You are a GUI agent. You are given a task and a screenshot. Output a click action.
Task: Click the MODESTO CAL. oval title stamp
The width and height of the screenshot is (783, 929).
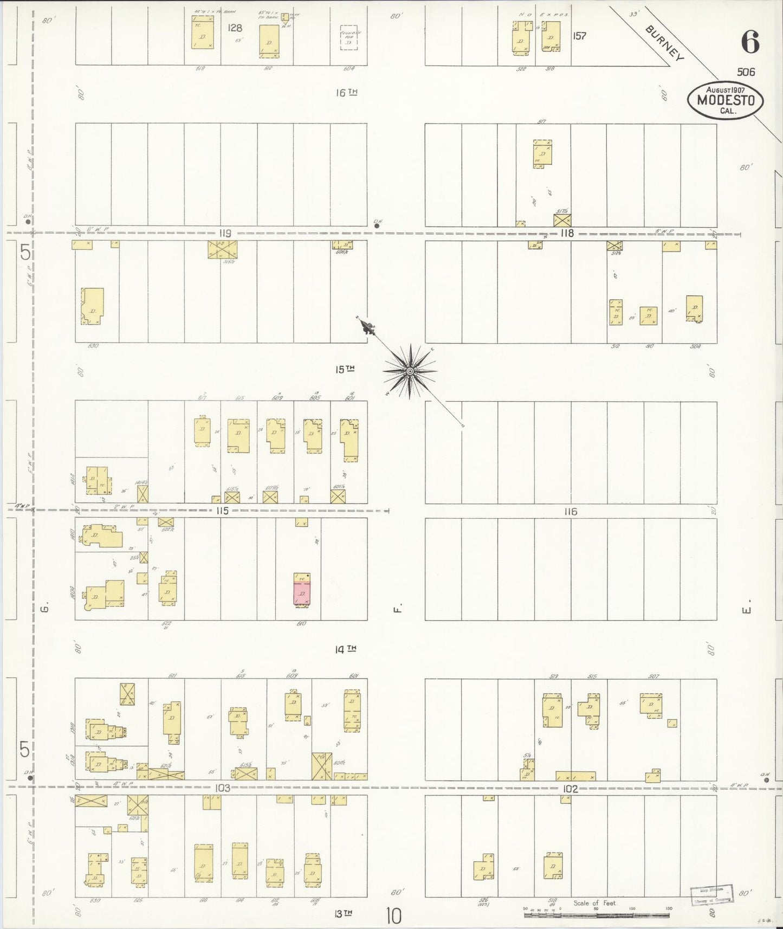pos(725,100)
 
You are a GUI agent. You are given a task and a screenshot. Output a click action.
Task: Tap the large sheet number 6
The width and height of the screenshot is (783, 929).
pos(750,42)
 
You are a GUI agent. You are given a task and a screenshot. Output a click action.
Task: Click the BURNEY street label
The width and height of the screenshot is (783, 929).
pos(665,42)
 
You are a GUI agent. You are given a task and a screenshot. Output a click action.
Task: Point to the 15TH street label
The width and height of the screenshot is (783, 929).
pos(344,370)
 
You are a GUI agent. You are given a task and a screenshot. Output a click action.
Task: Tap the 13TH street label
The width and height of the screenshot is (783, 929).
pos(344,913)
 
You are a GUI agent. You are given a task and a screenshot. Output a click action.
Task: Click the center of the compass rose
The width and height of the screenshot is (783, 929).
pos(410,371)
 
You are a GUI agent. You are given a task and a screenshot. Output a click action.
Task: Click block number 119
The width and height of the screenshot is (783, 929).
pos(225,234)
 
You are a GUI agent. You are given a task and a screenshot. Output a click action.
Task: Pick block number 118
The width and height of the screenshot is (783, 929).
pos(567,234)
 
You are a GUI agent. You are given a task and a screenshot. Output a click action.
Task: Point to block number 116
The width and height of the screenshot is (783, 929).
pos(571,511)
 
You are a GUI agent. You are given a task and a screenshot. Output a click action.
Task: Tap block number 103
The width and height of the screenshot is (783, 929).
pos(222,788)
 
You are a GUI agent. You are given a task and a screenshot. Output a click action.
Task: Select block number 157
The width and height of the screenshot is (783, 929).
pos(579,36)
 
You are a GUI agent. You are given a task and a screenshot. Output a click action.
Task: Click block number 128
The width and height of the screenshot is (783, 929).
pos(235,28)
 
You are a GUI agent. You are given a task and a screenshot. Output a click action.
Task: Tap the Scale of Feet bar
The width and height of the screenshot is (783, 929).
pos(596,915)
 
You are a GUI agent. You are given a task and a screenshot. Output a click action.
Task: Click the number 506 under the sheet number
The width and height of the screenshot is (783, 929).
pos(746,72)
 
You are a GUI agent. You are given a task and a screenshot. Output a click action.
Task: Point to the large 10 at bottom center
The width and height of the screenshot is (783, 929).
pos(394,916)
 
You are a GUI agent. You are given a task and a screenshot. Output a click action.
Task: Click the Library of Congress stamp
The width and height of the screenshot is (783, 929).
pos(711,893)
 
